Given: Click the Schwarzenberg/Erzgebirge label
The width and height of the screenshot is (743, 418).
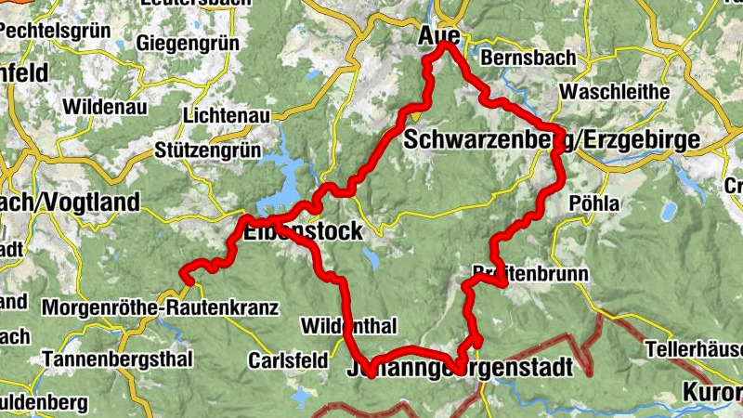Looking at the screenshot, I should click(565, 140).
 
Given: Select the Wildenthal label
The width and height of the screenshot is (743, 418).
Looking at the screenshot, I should click(349, 326).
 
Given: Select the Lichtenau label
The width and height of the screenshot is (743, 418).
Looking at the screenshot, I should click(227, 116).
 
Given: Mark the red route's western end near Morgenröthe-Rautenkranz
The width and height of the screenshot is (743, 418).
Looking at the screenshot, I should click(185, 277).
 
